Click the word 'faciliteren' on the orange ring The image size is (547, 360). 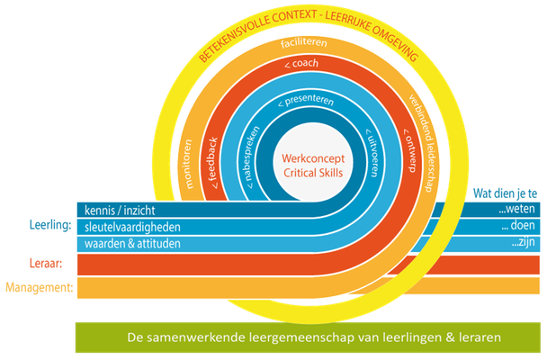[304, 42]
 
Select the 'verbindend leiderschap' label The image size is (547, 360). [423, 143]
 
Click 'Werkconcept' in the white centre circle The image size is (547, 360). [313, 158]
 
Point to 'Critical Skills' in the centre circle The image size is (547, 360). [313, 173]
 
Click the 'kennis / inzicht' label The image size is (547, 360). [120, 211]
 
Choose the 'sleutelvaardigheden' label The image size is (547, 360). [132, 228]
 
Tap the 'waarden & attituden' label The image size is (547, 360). [132, 244]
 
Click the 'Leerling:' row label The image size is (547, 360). [50, 225]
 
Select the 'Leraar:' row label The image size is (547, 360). [46, 264]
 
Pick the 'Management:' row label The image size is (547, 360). [40, 288]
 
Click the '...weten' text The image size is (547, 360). [516, 209]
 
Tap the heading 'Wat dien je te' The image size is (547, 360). [505, 193]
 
